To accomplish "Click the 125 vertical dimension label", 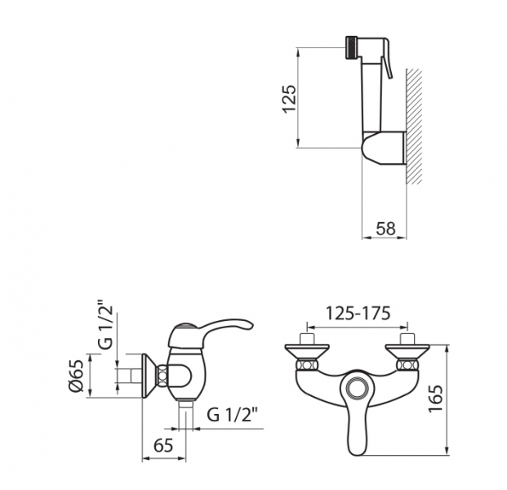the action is coord(289,99).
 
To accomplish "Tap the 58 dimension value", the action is coord(385,229).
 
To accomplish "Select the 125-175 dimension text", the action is coord(358,313).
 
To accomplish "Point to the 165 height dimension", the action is coord(435,399).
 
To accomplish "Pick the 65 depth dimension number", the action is coord(163,446).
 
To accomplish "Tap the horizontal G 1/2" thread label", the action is coord(233,414).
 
